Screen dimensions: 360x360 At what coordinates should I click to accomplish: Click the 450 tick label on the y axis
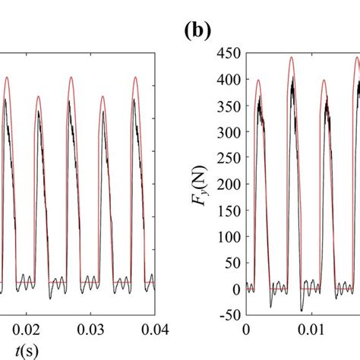coord(229,53)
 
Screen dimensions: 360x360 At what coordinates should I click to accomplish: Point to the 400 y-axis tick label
coord(229,80)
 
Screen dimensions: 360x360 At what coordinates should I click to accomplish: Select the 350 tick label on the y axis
coord(229,106)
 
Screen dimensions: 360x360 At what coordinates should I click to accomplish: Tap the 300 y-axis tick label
coord(229,132)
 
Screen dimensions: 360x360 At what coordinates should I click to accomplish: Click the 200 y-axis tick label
coord(229,185)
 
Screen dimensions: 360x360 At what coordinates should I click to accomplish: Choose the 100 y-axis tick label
coord(229,237)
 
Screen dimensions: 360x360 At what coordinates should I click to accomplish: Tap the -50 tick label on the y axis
coord(228,315)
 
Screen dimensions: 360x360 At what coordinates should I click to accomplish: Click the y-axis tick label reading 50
coord(232,263)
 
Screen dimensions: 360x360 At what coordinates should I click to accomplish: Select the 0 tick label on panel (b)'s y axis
coord(235,289)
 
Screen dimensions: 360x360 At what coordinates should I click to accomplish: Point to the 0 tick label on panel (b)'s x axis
coord(245,331)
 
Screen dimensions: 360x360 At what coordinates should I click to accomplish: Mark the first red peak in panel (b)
coord(258,81)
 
